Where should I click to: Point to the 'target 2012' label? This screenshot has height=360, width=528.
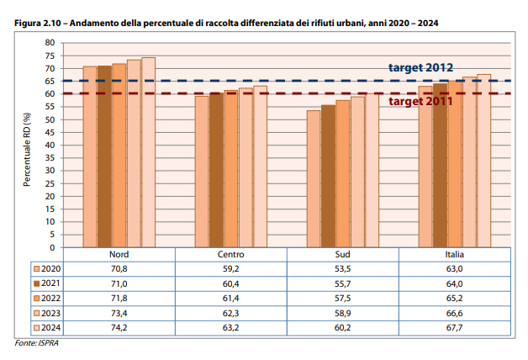(420, 67)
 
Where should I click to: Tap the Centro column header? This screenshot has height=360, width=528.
(231, 254)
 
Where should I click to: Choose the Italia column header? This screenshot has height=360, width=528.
(455, 254)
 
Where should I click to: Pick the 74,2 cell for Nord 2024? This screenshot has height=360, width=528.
(119, 328)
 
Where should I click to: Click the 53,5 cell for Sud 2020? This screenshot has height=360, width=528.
(343, 268)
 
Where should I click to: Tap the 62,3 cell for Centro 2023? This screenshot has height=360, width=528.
(231, 313)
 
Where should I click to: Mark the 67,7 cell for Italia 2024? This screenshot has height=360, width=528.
(455, 328)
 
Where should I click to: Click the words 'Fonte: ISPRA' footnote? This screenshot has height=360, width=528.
(33, 343)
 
